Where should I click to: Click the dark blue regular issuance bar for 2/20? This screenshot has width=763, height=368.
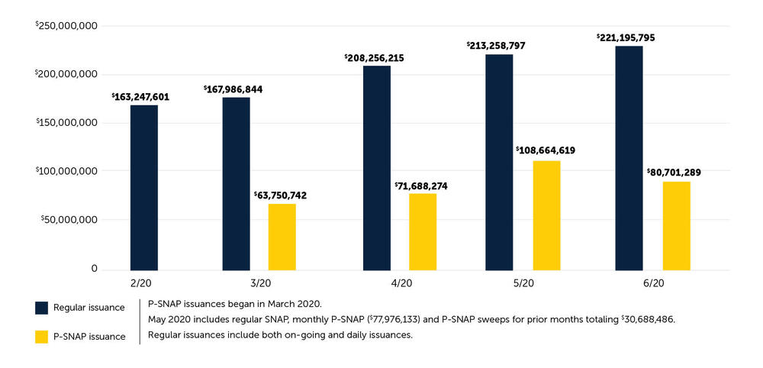143,187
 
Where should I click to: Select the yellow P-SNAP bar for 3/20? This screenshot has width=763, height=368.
282,237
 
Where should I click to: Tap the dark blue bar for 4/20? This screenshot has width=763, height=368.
376,168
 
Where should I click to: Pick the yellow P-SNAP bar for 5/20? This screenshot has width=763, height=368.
546,215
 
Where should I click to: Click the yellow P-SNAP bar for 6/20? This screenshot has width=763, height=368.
676,226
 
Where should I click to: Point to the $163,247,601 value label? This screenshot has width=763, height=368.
141,97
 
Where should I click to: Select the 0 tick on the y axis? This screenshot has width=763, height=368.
94,269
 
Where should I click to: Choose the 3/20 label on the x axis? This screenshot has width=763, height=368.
259,282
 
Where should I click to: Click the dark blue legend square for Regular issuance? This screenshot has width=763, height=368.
42,308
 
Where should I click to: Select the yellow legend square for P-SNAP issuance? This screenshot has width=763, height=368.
42,336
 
